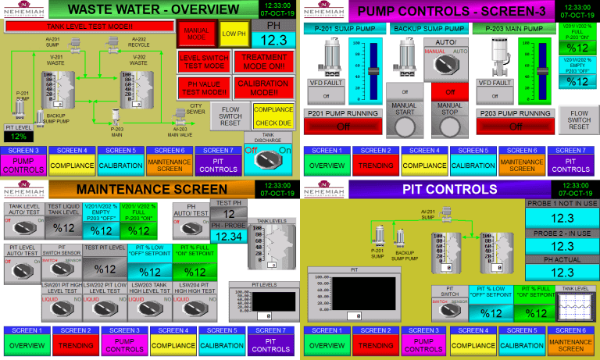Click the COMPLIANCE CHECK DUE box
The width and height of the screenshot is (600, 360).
273,116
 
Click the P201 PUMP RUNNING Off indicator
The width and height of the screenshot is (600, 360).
342,124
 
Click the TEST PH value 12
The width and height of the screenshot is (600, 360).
228,213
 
